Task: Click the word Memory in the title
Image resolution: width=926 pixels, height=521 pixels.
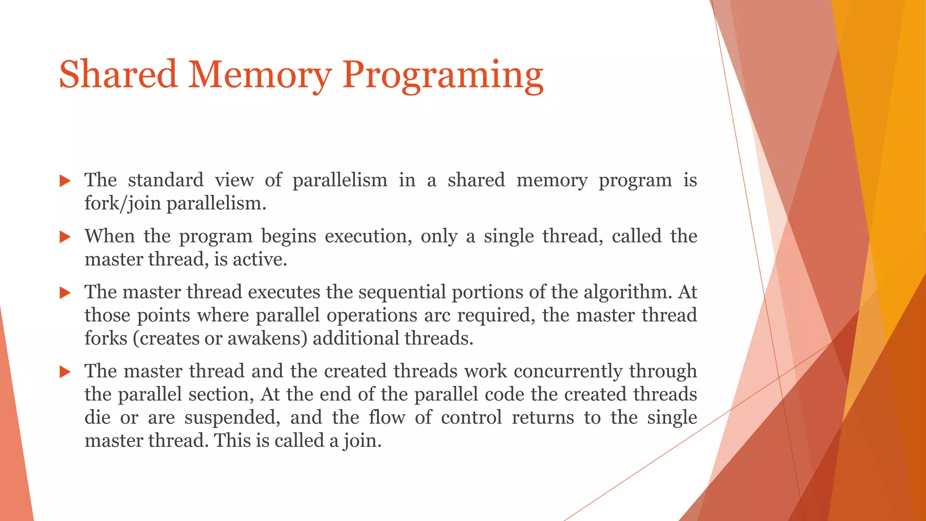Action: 260,75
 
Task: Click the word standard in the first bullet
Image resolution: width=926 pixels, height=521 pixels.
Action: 165,180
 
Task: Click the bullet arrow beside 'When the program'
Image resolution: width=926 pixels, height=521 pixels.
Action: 66,237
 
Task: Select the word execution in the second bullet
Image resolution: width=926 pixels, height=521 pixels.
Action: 368,237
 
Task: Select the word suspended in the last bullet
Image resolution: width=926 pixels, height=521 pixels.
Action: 232,417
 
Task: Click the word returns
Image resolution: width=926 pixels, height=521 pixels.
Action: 543,417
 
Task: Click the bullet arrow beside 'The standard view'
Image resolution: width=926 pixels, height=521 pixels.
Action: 66,181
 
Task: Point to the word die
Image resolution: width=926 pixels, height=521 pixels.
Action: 97,417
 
